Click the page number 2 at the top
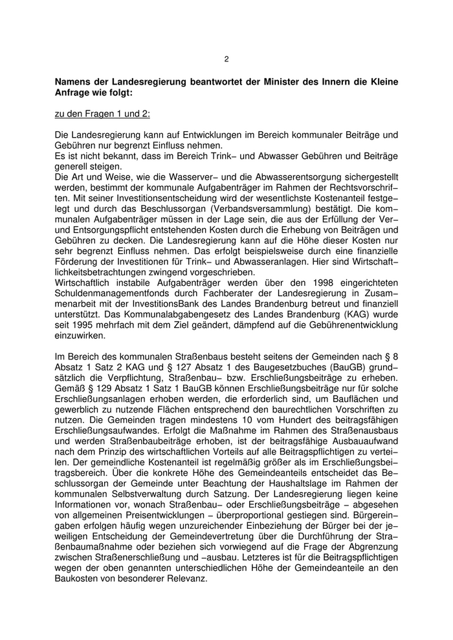coord(226,59)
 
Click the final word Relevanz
coord(187,580)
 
